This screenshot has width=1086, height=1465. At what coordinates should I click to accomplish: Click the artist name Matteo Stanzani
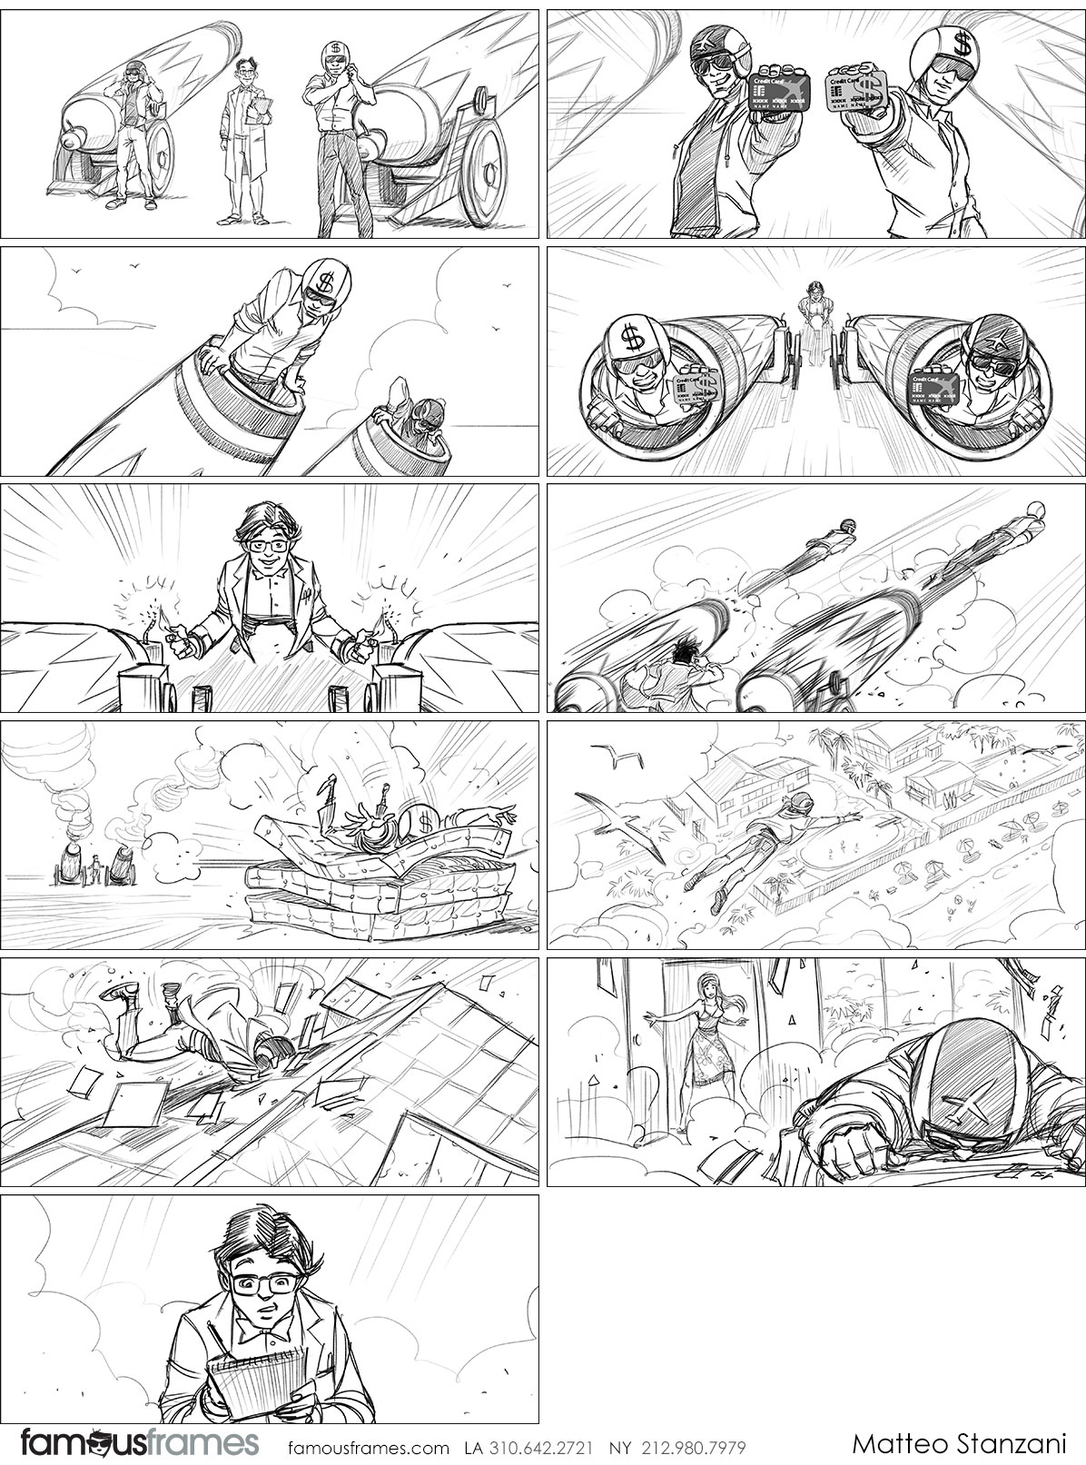pyautogui.click(x=962, y=1444)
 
